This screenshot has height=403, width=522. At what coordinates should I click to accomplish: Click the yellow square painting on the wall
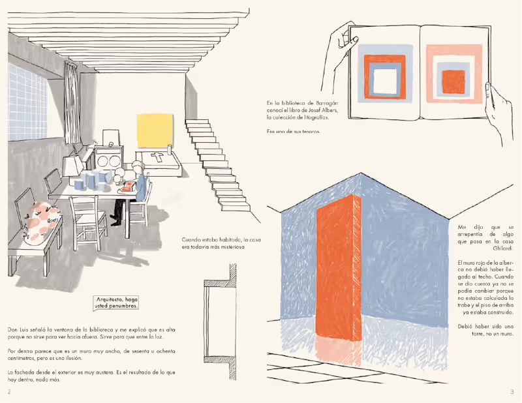pyautogui.click(x=155, y=131)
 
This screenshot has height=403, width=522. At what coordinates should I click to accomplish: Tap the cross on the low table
pyautogui.click(x=157, y=157)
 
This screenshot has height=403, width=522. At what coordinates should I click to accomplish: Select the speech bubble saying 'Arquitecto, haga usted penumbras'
pyautogui.click(x=116, y=303)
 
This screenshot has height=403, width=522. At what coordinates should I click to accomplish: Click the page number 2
pyautogui.click(x=9, y=392)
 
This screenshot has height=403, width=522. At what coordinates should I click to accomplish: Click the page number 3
pyautogui.click(x=512, y=392)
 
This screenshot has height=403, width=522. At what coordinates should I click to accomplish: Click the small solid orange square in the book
pyautogui.click(x=453, y=82)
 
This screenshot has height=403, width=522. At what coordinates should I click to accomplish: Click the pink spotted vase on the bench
pyautogui.click(x=42, y=220)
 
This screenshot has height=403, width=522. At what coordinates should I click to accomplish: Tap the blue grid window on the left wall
pyautogui.click(x=27, y=102)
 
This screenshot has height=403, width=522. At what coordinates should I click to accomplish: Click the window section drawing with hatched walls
pyautogui.click(x=221, y=321)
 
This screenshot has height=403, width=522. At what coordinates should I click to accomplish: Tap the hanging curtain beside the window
pyautogui.click(x=71, y=102)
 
